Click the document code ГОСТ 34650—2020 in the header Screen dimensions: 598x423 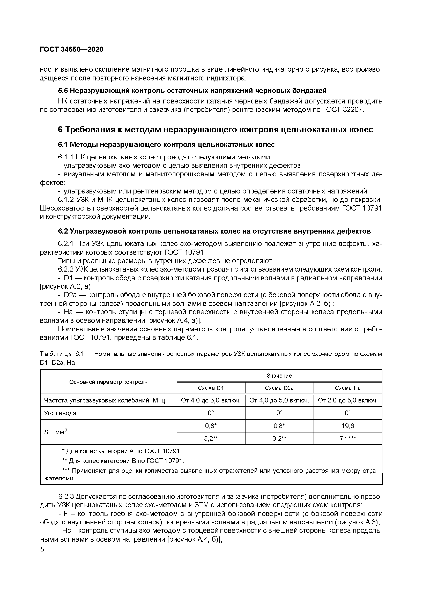pos(72,49)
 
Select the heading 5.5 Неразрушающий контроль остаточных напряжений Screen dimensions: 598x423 pos(192,91)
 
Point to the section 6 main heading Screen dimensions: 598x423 pos(215,129)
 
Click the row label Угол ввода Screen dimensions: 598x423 pos(60,413)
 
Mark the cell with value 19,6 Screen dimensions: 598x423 pos(347,426)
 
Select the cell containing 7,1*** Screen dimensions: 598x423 pos(347,439)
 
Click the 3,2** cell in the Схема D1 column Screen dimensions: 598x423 pos(211,439)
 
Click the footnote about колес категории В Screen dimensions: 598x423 pos(123,461)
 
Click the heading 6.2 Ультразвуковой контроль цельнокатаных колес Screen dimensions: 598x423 pos(214,231)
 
